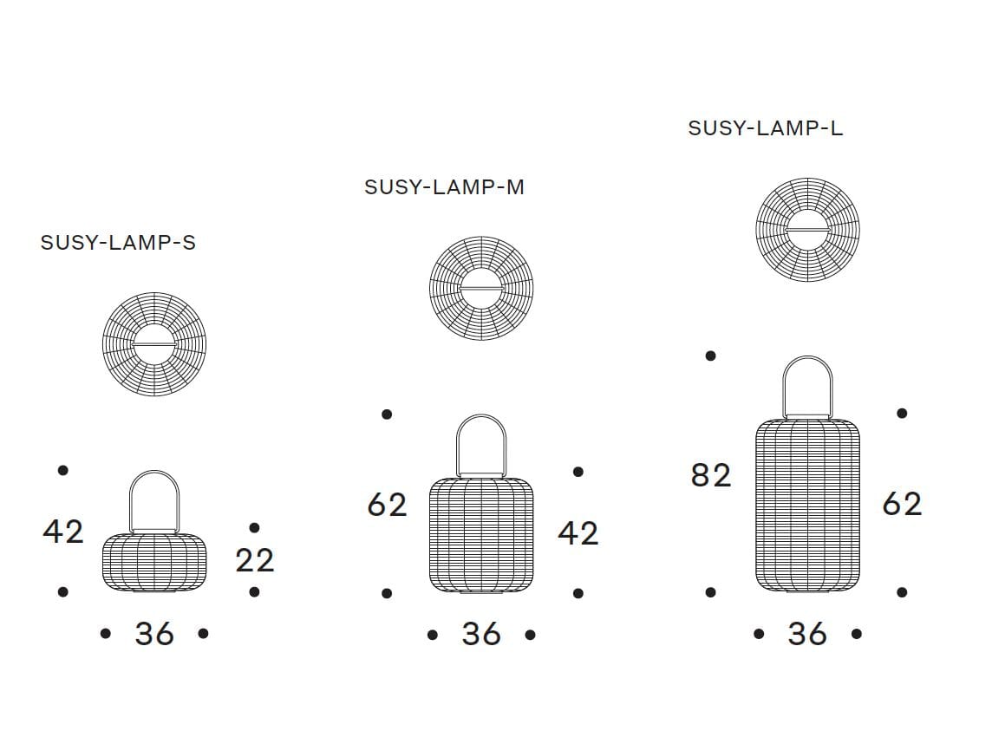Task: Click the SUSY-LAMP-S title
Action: point(118,242)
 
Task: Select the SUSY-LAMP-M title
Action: point(444,186)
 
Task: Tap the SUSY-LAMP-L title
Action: point(766,127)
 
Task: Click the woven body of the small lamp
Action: point(154,563)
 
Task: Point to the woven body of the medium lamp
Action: point(481,535)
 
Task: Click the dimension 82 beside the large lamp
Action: point(711,475)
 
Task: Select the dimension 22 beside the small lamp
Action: point(255,560)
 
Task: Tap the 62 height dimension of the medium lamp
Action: point(388,505)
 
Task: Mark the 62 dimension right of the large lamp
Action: point(902,504)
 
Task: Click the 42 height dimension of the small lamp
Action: point(63,532)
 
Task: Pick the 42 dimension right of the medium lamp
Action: point(578,533)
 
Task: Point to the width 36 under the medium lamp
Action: point(481,634)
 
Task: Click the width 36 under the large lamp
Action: point(807,633)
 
